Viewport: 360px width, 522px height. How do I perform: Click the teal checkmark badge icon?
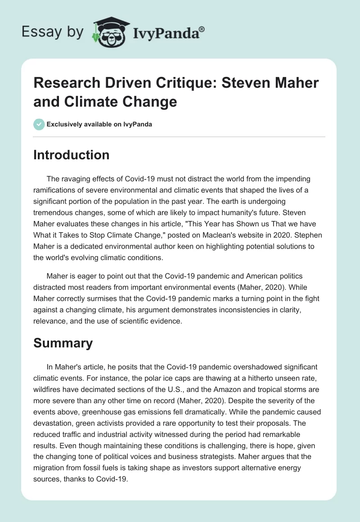point(39,124)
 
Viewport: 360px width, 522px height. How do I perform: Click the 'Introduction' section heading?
point(72,155)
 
